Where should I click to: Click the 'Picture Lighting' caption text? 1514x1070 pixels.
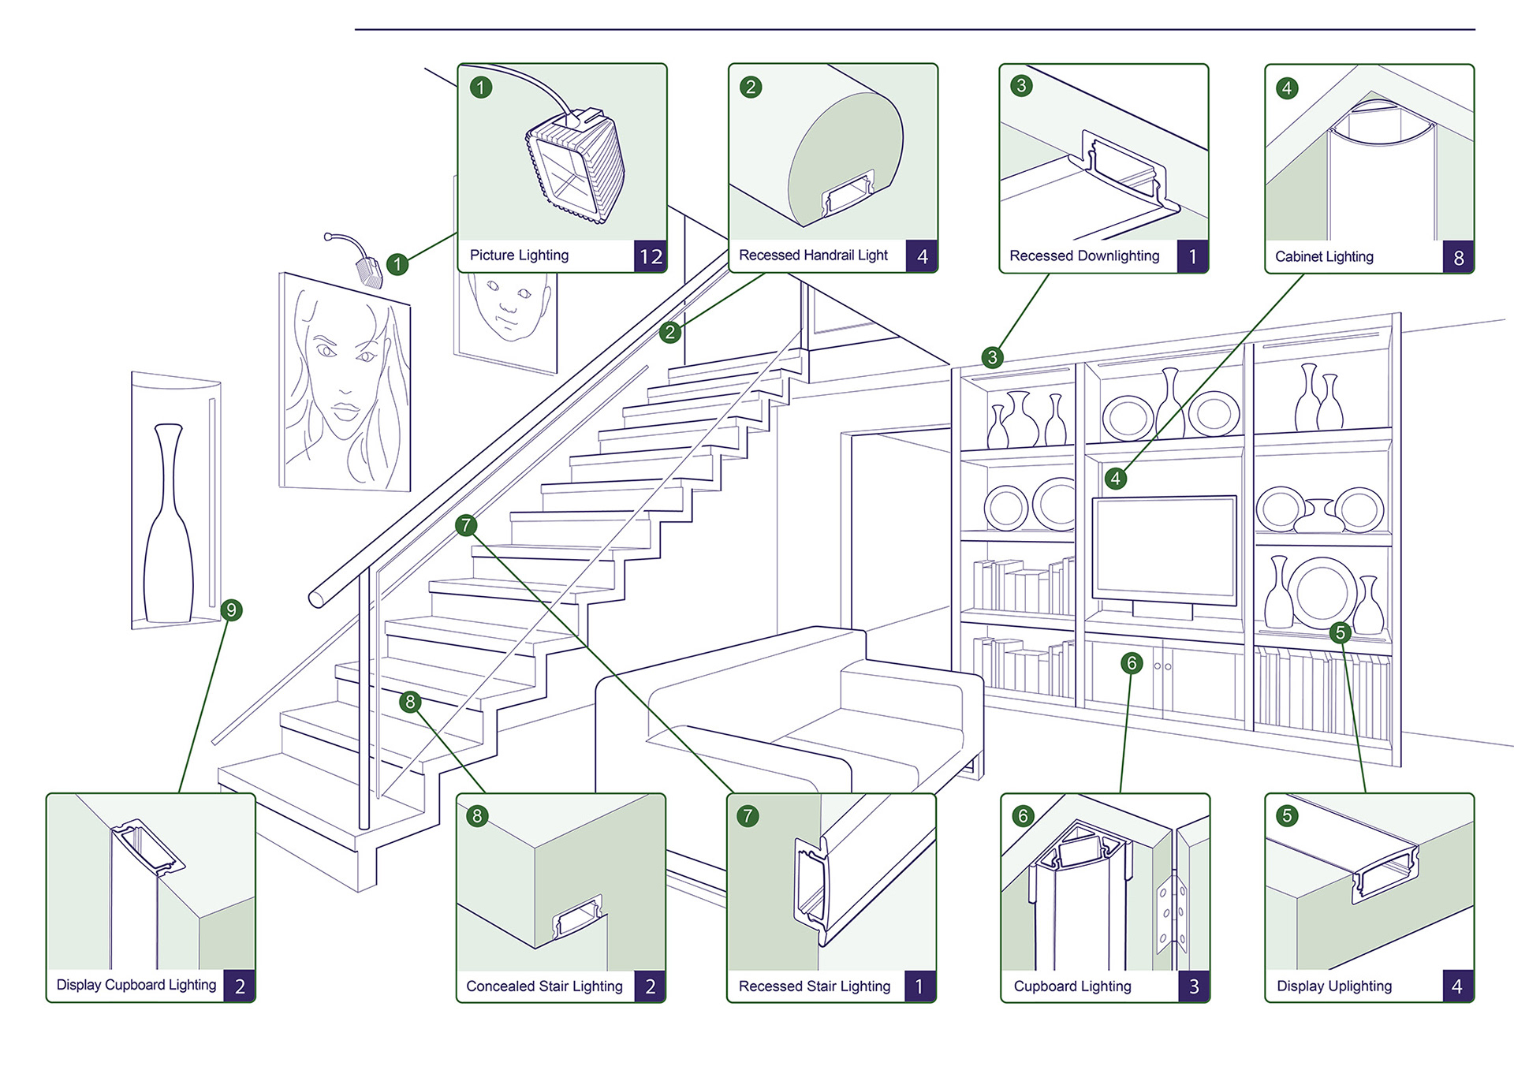point(519,255)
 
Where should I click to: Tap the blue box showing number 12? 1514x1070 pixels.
point(651,256)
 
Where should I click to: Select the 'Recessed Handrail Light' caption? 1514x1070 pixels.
point(813,255)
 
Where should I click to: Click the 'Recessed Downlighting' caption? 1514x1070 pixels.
point(1084,256)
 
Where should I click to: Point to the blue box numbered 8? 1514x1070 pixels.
point(1458,258)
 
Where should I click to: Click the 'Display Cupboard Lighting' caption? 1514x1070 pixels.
point(136,985)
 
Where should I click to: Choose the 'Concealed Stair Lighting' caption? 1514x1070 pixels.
point(544,986)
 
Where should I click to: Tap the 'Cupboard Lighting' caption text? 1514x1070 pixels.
point(1072,986)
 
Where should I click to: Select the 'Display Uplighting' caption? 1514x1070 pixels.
point(1333,986)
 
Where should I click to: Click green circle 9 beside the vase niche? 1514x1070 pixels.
point(231,610)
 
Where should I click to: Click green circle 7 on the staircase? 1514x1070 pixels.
point(466,525)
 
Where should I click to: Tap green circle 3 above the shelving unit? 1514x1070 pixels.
point(993,357)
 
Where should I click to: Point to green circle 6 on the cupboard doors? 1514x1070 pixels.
point(1132,663)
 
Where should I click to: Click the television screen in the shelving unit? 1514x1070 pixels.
point(1164,548)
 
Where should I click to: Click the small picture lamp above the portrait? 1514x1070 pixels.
point(367,270)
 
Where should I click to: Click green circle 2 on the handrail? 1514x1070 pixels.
point(669,332)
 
